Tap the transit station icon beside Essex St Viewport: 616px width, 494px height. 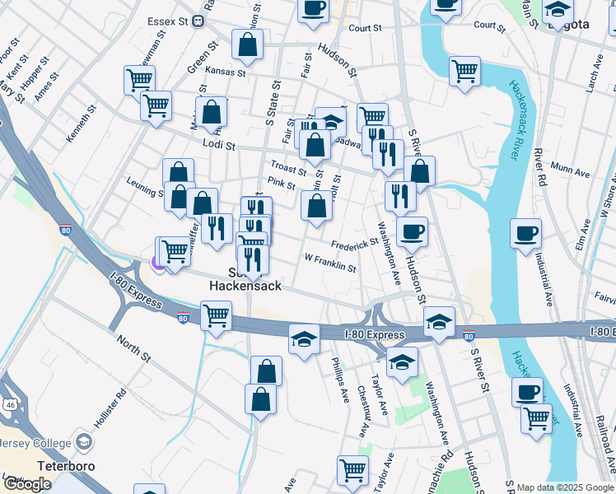(198, 22)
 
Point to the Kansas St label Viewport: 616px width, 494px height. (226, 72)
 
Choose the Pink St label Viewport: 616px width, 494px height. (282, 184)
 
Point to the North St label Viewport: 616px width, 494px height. (133, 349)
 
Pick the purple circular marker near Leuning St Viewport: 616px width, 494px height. (158, 262)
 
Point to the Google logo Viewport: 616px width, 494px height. (27, 484)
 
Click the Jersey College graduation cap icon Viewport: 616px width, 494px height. (84, 443)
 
